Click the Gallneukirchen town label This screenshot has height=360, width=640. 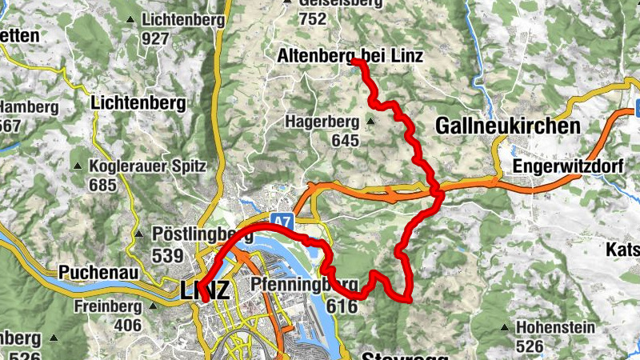[x=508, y=126]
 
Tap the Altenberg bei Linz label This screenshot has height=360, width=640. [x=350, y=56]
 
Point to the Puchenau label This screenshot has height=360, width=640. [x=95, y=272]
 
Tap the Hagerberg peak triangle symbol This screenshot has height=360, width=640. [x=370, y=122]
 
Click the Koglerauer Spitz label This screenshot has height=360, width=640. [x=150, y=166]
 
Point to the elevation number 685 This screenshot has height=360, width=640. [x=102, y=186]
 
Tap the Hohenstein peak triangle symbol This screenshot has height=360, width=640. [x=505, y=327]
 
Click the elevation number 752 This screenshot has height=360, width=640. [x=312, y=18]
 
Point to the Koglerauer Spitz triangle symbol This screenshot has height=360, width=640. [x=78, y=166]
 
